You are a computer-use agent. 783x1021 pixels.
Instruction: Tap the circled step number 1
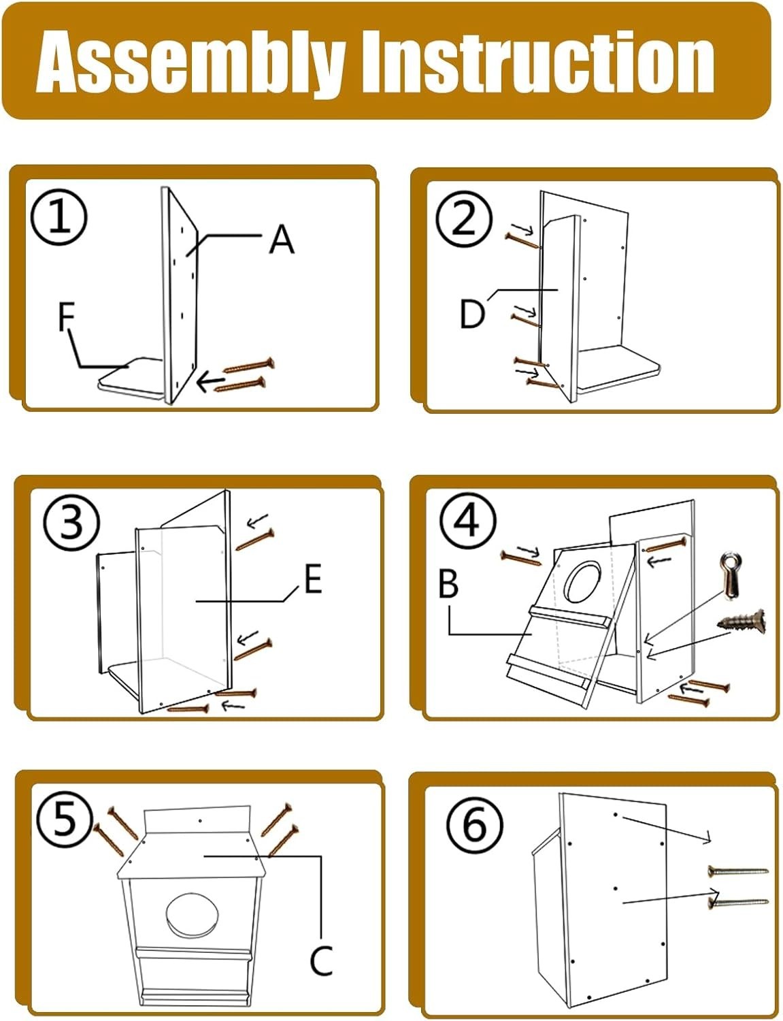[x=59, y=217]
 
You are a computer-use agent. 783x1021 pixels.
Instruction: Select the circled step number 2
[x=463, y=219]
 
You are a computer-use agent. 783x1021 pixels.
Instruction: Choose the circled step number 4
[x=467, y=521]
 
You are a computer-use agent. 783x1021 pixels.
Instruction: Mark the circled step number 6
[x=474, y=824]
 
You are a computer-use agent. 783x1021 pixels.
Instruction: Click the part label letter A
[x=282, y=240]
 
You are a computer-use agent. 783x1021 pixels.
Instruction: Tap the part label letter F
[x=66, y=317]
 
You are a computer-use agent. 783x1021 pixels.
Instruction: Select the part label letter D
[x=472, y=314]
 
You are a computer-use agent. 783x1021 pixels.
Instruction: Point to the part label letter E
[x=313, y=580]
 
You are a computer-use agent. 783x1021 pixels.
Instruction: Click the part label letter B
[x=448, y=584]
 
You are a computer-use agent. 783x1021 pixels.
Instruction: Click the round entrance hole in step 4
[x=584, y=582]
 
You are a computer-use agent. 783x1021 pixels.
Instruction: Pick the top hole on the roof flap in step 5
[x=199, y=822]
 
